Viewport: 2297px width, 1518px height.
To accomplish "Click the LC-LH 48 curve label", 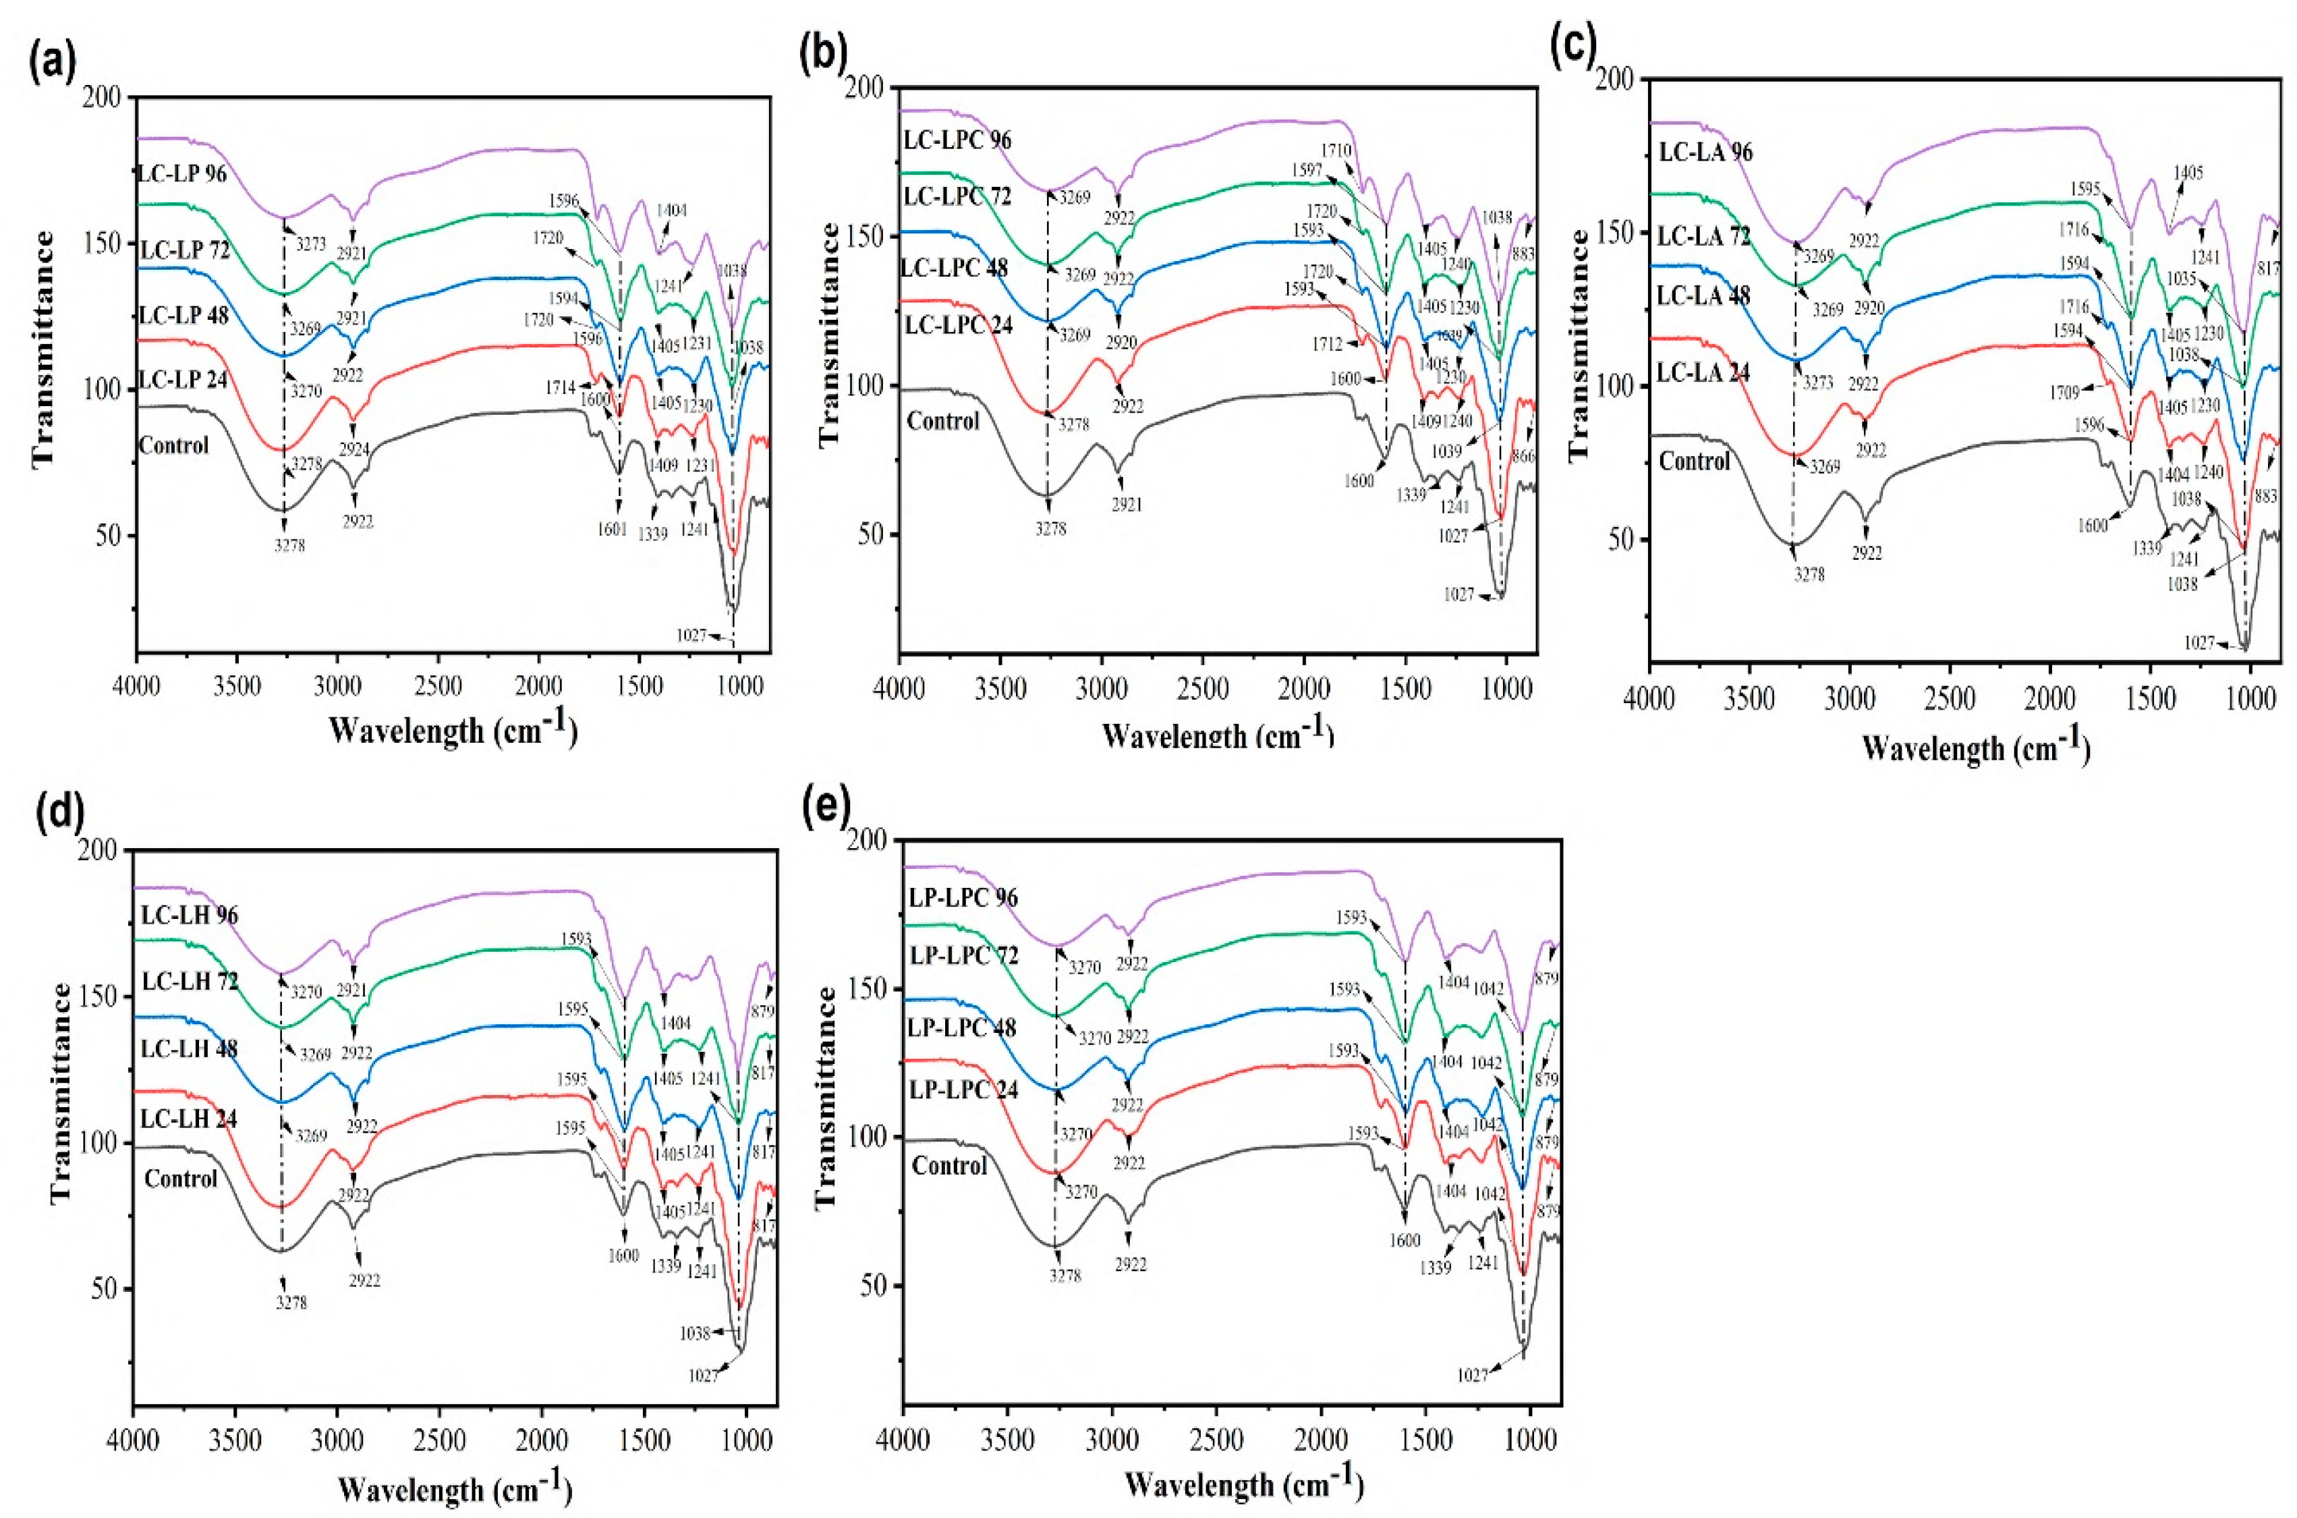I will pos(190,1048).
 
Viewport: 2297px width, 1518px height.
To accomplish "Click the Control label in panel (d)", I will pos(181,1179).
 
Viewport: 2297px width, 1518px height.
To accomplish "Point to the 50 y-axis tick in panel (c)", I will pos(1629,540).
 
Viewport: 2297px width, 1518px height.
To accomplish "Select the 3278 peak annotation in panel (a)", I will pos(289,545).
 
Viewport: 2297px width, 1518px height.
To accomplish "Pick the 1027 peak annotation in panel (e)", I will pos(1472,1401).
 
